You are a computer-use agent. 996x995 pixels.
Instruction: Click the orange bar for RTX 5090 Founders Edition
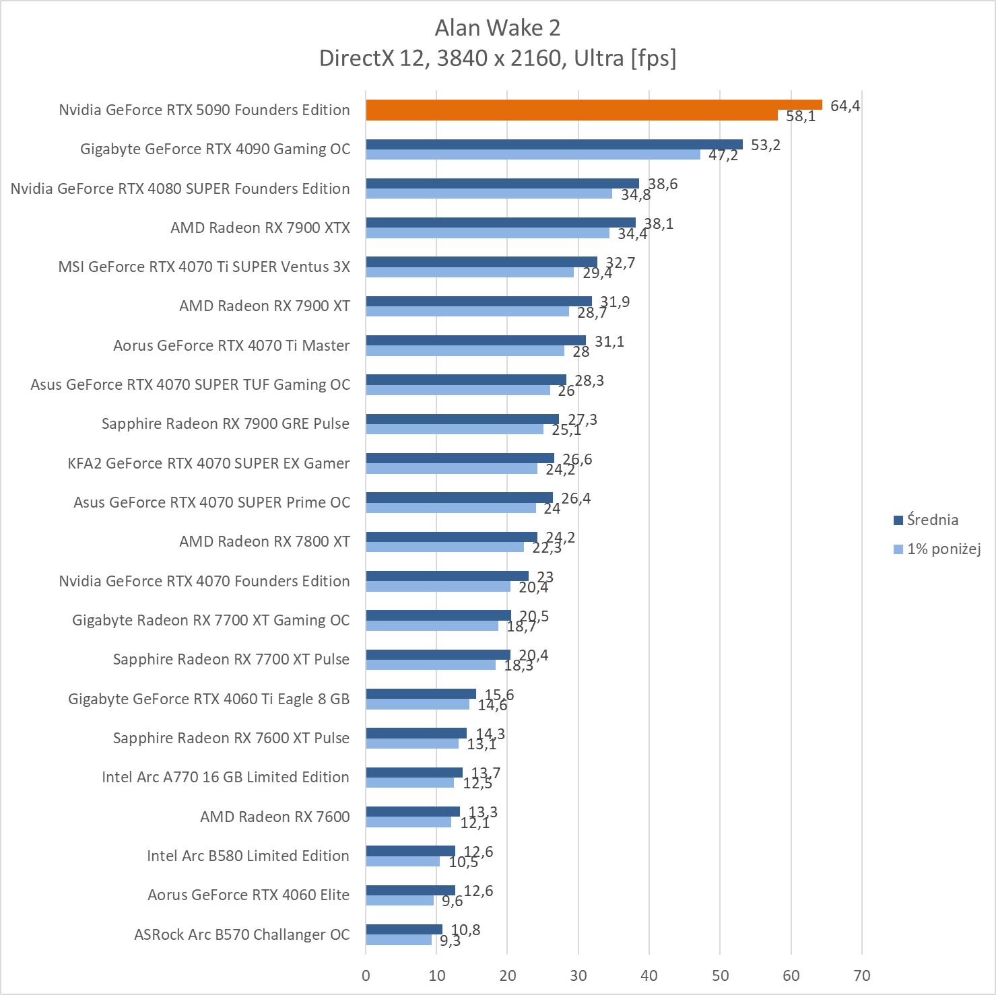click(593, 105)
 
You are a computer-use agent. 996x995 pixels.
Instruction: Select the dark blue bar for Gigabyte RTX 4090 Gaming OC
click(554, 145)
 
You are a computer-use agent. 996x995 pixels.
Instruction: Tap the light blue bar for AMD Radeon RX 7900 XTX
click(487, 233)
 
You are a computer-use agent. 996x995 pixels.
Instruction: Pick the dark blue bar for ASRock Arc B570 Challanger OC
click(404, 930)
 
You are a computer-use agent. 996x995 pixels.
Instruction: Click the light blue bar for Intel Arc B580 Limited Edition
click(402, 861)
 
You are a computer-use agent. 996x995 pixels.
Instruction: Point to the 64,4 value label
click(844, 106)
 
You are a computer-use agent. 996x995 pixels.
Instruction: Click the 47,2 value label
click(723, 156)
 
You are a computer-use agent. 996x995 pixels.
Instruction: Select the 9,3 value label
click(450, 940)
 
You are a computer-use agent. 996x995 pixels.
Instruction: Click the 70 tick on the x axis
click(861, 975)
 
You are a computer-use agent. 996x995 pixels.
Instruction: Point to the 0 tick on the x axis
click(366, 975)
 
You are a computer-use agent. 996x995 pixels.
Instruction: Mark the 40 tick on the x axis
click(649, 975)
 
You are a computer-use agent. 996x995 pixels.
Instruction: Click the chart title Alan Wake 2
click(498, 28)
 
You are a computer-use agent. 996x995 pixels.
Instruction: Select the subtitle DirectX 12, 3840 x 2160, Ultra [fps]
click(498, 58)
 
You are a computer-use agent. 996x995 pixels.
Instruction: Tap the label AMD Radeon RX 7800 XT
click(264, 541)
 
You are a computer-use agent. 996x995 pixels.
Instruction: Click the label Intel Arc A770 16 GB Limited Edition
click(226, 777)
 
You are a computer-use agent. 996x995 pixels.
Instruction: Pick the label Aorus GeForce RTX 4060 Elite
click(248, 895)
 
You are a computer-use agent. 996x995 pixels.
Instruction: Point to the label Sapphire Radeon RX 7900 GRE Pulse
click(226, 423)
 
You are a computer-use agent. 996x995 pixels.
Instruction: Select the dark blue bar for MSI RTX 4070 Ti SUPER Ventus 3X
click(481, 263)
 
